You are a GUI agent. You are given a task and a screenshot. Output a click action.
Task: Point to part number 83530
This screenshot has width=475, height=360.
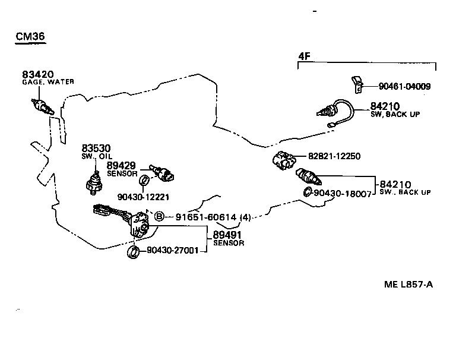[96, 148]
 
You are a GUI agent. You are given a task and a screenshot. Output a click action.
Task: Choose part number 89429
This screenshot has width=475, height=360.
[121, 165]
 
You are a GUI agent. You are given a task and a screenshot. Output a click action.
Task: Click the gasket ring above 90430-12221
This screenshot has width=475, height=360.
[144, 181]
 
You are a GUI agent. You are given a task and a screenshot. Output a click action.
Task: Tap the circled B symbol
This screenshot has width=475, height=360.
[159, 217]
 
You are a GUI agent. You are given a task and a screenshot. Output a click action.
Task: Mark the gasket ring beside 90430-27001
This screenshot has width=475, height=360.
[134, 253]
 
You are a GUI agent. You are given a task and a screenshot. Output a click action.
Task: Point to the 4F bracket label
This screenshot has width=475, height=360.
[304, 56]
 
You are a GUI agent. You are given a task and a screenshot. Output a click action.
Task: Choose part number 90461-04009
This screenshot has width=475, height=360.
[404, 86]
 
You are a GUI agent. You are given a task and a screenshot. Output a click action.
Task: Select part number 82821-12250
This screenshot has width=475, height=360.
[334, 156]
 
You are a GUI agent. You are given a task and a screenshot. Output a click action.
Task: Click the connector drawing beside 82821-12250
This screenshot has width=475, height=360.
[284, 160]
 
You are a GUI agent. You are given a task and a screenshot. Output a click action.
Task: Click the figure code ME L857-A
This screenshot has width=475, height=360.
[408, 284]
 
